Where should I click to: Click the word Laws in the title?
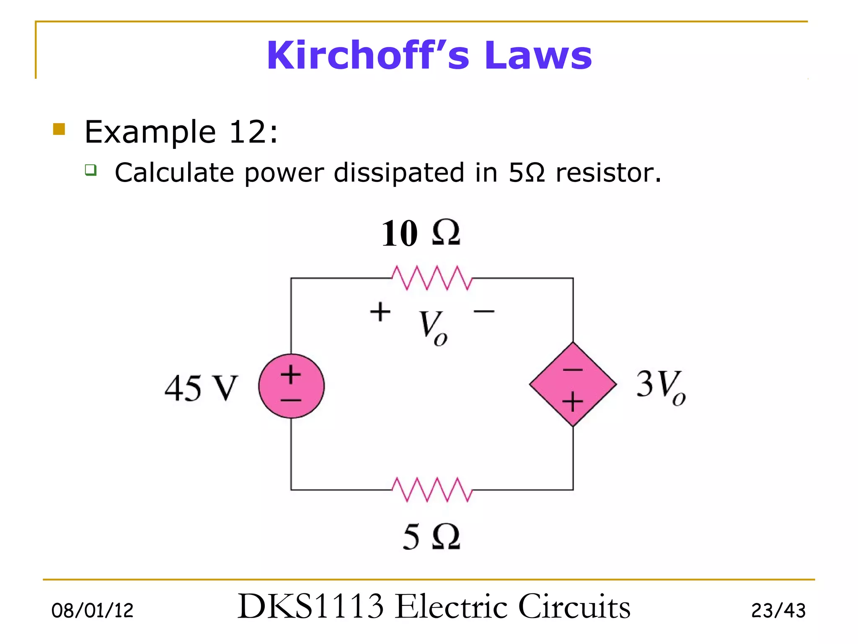(538, 55)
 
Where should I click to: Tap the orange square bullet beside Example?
(59, 129)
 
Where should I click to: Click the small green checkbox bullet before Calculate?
(90, 170)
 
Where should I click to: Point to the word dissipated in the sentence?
(398, 172)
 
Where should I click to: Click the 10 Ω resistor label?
(421, 233)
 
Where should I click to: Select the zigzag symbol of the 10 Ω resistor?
(432, 278)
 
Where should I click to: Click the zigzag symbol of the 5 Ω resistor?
(432, 489)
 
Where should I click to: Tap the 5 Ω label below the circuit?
(432, 537)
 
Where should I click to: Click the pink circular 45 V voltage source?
(291, 386)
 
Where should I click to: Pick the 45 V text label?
(201, 388)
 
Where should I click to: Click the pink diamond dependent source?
(573, 384)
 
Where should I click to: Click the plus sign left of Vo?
(380, 312)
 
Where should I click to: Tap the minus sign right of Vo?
(484, 312)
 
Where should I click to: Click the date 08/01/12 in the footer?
(92, 610)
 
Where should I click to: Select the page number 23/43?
(778, 610)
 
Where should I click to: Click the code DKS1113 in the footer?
(310, 607)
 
